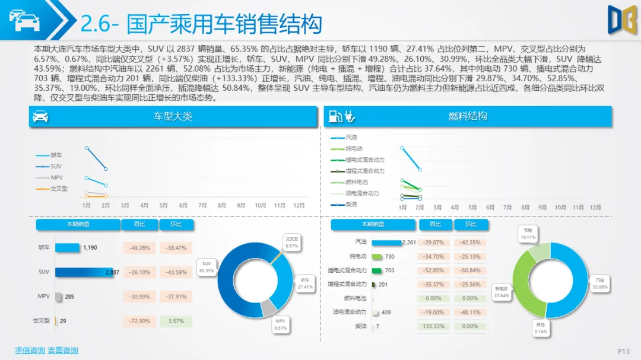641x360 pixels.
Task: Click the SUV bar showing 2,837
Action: [84, 272]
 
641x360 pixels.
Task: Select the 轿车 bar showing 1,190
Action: [67, 248]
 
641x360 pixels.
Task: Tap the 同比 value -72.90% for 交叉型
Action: [139, 321]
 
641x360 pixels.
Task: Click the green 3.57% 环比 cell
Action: [176, 321]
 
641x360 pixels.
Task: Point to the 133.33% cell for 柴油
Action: [434, 326]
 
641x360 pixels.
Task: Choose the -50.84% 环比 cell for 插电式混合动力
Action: [470, 270]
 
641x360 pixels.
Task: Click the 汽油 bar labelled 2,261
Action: [387, 243]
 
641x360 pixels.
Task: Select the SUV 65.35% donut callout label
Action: [207, 266]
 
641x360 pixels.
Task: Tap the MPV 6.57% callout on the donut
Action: [281, 324]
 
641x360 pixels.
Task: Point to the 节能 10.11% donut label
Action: [528, 233]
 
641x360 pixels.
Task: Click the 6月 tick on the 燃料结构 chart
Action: [490, 208]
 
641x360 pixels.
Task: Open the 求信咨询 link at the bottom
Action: [30, 350]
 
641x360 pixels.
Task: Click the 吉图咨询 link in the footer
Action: [63, 350]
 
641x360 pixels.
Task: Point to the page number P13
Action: [623, 351]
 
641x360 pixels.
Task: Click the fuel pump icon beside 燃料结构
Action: [335, 116]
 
